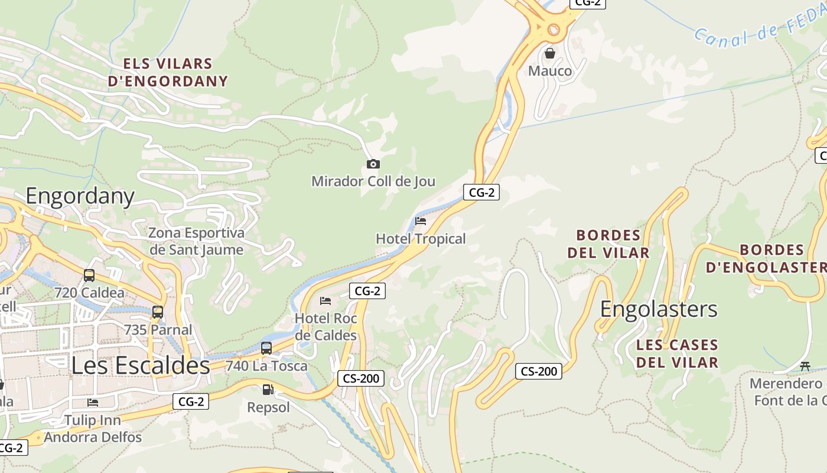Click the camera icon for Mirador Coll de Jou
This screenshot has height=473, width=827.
coord(373,164)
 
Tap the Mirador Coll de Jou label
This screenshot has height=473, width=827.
coord(373,182)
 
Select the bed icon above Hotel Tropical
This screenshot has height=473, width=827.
coord(421,221)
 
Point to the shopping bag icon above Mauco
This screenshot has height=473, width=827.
coord(550,53)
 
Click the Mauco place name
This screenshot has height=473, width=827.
coord(550,72)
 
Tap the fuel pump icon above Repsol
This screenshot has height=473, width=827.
coord(268,390)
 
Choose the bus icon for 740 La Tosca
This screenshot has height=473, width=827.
coord(266,348)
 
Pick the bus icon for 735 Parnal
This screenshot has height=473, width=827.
coord(158,312)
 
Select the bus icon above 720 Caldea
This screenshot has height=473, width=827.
coord(89,275)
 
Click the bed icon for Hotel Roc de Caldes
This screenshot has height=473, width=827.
coord(325,301)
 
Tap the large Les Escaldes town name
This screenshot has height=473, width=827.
coord(141,365)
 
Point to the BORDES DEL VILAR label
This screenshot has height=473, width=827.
coord(608,244)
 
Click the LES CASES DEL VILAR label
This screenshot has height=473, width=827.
coord(677,354)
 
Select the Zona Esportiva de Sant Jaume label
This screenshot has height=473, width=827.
coord(196,241)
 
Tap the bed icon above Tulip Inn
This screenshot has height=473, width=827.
coord(93,403)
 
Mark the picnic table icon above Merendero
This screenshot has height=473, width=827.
coord(805,366)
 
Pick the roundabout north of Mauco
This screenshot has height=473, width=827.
coord(553,28)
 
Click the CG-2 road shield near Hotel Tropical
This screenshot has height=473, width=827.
coord(481,192)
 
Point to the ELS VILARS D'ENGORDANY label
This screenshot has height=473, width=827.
coord(168,72)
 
